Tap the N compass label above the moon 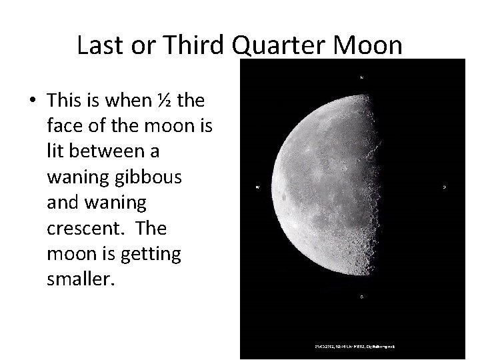[x=361, y=77]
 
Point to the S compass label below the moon [x=361, y=295]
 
